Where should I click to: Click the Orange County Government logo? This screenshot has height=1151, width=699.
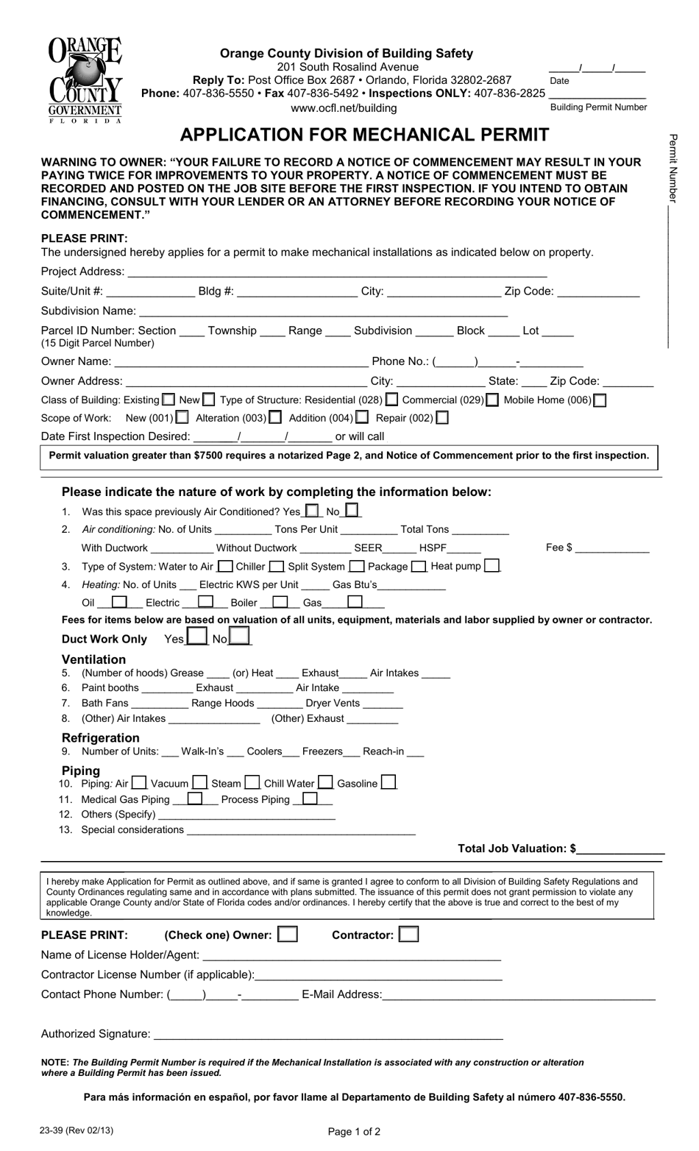click(x=85, y=80)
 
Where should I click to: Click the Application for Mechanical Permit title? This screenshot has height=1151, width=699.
click(x=364, y=135)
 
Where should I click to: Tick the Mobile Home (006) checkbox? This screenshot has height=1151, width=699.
click(x=600, y=400)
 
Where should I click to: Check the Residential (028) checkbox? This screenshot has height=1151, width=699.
click(x=392, y=400)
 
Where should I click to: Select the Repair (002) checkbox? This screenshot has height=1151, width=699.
click(x=442, y=417)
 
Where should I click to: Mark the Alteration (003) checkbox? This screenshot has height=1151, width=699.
click(x=275, y=417)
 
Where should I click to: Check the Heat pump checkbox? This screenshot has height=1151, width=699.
click(x=493, y=566)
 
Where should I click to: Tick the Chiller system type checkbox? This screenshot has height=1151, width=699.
click(x=277, y=567)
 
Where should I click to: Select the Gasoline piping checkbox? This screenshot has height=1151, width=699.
click(x=389, y=782)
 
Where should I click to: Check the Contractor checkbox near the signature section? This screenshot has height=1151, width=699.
click(x=409, y=935)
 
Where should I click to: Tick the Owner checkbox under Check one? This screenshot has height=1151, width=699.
click(x=288, y=935)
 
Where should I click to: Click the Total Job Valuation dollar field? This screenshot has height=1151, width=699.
click(x=621, y=849)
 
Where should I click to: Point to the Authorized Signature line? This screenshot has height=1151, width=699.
click(x=327, y=1034)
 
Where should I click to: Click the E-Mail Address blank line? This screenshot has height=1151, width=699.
click(x=519, y=995)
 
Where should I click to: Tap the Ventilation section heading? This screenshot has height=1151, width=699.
click(x=93, y=659)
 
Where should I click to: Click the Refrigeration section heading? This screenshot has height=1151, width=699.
click(x=100, y=737)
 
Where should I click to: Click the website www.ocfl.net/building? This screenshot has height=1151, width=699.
click(x=344, y=108)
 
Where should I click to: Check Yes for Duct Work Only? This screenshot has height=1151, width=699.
click(x=196, y=637)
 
